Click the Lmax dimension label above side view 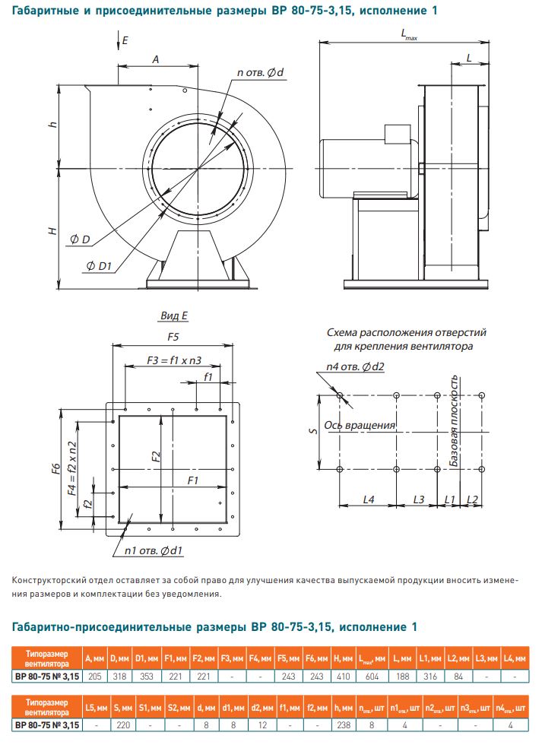pos(409,35)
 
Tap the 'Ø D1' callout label pos(99,265)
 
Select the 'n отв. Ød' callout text pos(261,73)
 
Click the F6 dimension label pos(55,468)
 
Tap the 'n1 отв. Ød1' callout pos(152,549)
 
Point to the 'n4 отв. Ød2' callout pos(351,367)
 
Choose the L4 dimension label pos(369,499)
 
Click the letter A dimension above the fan pos(155,58)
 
